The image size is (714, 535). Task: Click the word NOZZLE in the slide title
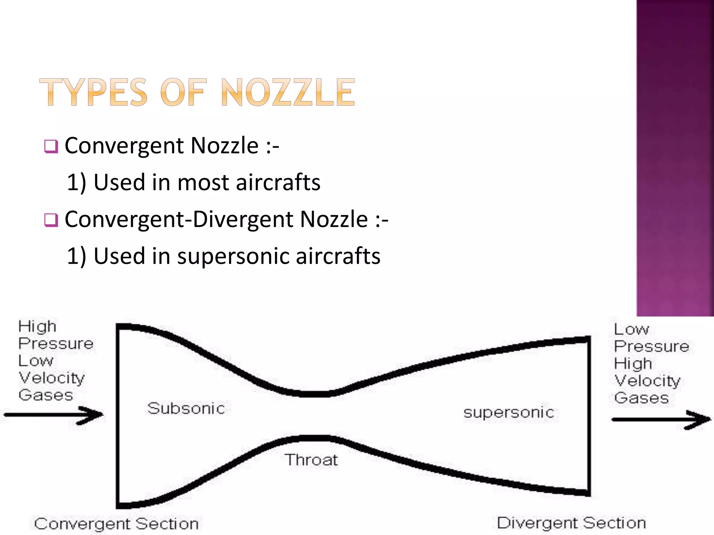288,92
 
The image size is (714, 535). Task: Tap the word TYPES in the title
93,92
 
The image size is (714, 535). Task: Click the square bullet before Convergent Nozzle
51,147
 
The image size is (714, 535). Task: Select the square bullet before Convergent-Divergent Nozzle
51,220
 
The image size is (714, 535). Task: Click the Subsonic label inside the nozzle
186,408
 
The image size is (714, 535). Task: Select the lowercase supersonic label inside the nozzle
509,413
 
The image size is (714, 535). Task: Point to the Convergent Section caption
116,524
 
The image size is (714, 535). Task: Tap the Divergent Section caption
571,523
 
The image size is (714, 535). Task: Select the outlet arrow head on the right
699,419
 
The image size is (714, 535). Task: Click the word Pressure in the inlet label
56,344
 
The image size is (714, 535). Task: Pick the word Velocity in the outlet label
647,381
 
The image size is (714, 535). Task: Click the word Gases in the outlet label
641,398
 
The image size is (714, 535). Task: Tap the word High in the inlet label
37,327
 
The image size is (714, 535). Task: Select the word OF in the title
183,92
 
